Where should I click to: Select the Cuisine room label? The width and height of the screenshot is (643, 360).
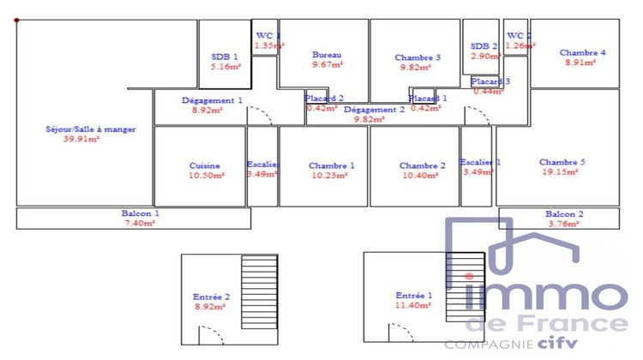[205, 165]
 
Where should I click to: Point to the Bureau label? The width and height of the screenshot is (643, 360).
[327, 55]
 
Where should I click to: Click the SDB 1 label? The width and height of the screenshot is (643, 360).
[225, 56]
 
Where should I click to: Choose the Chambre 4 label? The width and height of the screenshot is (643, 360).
[583, 52]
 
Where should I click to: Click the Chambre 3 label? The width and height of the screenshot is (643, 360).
[418, 57]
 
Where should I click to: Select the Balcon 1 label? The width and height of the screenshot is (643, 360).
[140, 213]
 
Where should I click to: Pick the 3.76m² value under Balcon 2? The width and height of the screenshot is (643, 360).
[564, 225]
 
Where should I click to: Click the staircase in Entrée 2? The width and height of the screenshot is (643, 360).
[259, 296]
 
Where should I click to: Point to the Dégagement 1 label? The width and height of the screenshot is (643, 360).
[212, 100]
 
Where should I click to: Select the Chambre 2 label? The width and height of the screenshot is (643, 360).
[422, 165]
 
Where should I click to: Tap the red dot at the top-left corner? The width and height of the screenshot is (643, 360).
[16, 19]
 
